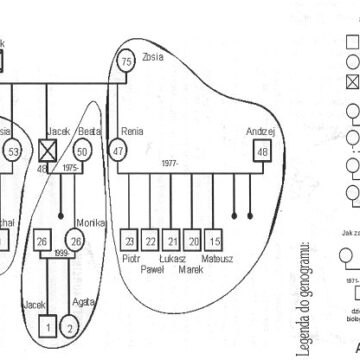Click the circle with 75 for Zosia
tap(126, 63)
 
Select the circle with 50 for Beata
tap(84, 151)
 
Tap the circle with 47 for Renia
tap(118, 151)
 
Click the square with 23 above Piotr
tap(129, 242)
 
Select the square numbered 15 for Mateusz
tap(215, 242)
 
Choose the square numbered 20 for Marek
tap(193, 242)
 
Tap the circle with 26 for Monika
tap(74, 241)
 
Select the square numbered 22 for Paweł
tap(151, 242)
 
